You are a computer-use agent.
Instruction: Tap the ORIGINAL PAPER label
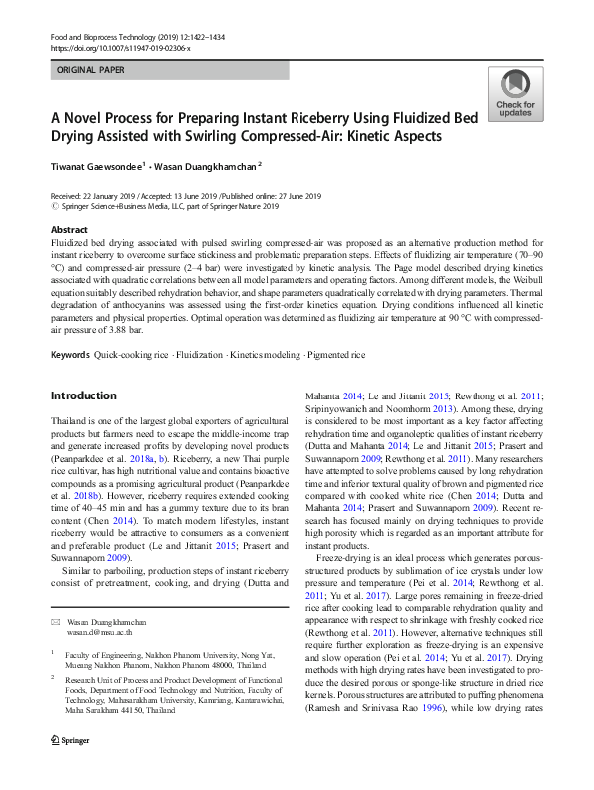coord(91,71)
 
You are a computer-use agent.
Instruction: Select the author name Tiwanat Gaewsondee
coord(97,165)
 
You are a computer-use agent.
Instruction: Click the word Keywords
coord(70,355)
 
